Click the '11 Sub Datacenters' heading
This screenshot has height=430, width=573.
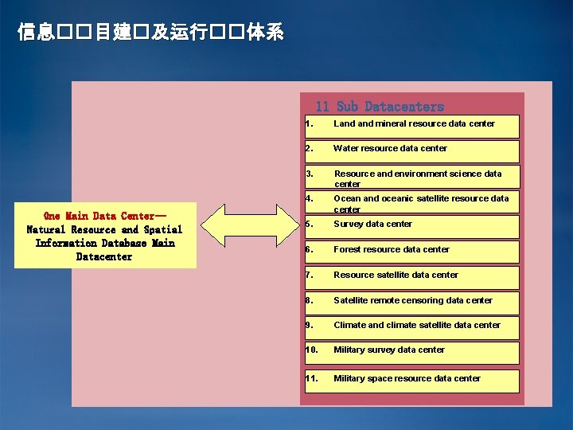tap(379, 106)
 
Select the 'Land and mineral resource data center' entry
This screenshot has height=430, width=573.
tap(414, 123)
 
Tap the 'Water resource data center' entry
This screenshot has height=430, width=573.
tap(390, 148)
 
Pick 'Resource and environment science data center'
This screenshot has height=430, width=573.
tap(418, 178)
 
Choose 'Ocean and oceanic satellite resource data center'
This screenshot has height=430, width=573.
tap(421, 203)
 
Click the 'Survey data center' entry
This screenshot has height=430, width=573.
tap(372, 224)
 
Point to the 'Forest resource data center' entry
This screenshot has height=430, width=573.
tap(391, 249)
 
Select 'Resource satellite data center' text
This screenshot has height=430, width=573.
tap(396, 275)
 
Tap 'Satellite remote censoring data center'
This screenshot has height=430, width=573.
tap(412, 300)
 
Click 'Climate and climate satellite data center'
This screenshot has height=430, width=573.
tap(417, 325)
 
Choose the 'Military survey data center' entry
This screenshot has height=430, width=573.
tap(388, 350)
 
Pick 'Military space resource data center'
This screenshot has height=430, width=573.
tap(407, 378)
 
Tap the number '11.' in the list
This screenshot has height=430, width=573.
tap(312, 378)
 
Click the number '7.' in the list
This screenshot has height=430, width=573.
tap(309, 275)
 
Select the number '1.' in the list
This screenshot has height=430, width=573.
tap(309, 123)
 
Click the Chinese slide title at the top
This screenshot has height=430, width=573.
tap(150, 33)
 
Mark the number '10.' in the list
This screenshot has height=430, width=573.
tap(312, 350)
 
